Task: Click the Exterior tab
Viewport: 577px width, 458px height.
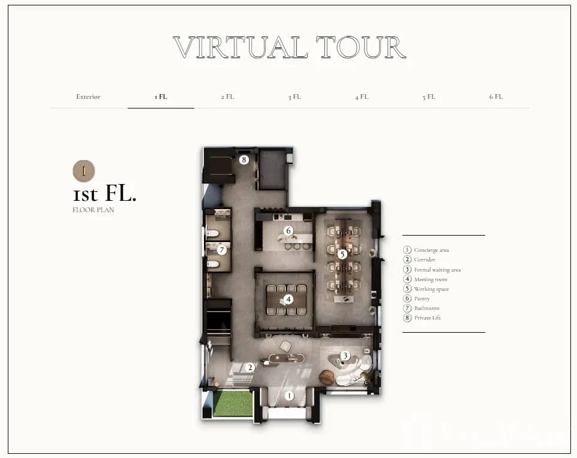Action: pos(88,97)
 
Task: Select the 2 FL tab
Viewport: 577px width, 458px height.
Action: pos(227,97)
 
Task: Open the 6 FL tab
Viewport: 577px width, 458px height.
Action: pos(495,97)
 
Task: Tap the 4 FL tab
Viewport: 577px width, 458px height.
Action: pos(361,97)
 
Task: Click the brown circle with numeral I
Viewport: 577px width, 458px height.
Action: pos(84,171)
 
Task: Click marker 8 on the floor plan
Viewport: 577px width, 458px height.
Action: pos(244,160)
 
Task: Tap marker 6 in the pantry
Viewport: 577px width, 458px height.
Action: pos(288,231)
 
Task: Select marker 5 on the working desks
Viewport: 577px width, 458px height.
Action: pos(342,254)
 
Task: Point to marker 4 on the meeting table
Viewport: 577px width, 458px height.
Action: pos(288,300)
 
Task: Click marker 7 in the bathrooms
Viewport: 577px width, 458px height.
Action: pos(221,250)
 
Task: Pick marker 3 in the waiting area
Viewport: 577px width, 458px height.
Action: pos(345,355)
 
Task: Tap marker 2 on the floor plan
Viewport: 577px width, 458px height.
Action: pos(250,367)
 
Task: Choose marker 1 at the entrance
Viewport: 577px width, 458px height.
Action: pos(289,396)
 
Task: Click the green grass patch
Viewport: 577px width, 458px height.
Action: pos(233,403)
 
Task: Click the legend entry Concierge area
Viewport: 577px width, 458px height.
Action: pos(426,250)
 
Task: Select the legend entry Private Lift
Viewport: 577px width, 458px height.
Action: pos(422,318)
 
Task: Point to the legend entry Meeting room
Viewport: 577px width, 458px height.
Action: pos(425,279)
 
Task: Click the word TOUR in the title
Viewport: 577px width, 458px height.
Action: pos(360,47)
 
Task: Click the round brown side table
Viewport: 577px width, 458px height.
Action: pos(326,378)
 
